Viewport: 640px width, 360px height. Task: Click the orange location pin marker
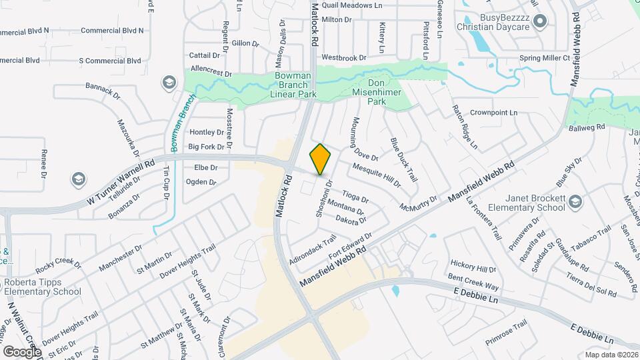tap(320, 159)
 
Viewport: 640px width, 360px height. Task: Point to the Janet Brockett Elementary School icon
tap(577, 201)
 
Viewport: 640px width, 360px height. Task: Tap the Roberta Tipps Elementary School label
tap(41, 287)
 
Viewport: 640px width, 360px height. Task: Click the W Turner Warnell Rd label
tap(121, 181)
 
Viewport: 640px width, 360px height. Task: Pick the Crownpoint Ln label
tap(493, 113)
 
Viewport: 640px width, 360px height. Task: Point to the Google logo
tap(21, 351)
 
